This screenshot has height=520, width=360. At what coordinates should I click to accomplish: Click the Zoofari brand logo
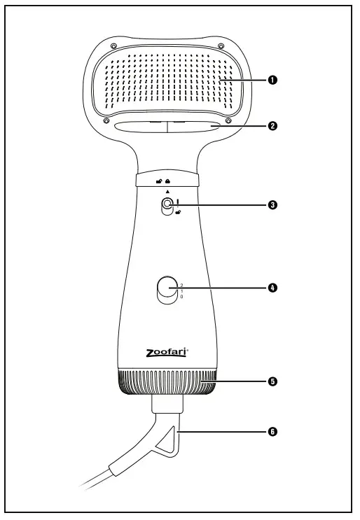coord(166,356)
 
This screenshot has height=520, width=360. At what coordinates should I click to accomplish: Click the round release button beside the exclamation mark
coord(167,205)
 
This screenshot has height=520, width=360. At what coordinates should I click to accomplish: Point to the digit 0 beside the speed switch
coord(181,297)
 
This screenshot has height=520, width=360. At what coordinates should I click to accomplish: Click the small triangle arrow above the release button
coord(167,190)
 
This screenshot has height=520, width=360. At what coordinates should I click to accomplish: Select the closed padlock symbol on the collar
coord(169,180)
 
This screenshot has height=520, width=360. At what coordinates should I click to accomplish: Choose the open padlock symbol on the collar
coord(160,180)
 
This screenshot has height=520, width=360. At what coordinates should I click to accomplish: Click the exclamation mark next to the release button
coord(179,204)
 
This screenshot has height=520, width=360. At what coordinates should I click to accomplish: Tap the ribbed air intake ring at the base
coord(166,384)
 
